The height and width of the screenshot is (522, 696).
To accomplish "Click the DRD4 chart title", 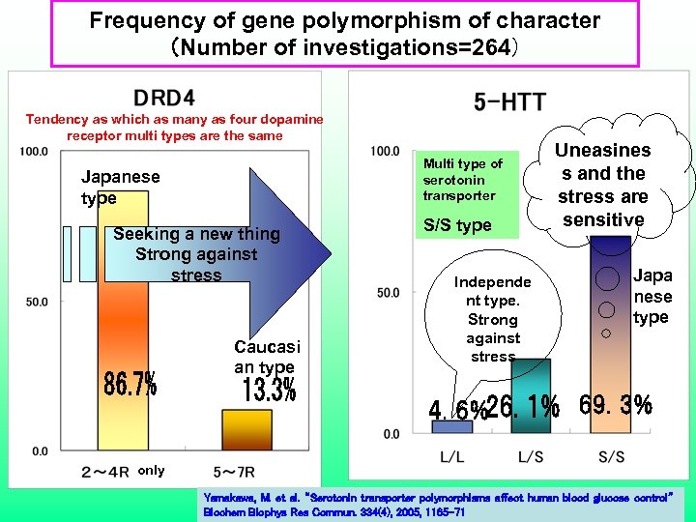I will [164, 98].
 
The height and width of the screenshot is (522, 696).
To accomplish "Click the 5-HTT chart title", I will [509, 101].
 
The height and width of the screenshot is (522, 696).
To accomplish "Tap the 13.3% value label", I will [269, 390].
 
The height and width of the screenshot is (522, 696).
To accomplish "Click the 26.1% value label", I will [524, 408].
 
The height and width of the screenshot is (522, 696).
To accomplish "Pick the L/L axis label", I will [450, 455].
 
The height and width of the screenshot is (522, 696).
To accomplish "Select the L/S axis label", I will [530, 455].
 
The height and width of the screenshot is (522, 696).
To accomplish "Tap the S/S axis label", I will [612, 455].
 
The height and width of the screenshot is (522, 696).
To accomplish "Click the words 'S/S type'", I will [457, 225].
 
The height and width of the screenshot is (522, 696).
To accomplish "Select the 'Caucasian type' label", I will [267, 357].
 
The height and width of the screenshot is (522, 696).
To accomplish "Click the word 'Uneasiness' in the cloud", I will [603, 151].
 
